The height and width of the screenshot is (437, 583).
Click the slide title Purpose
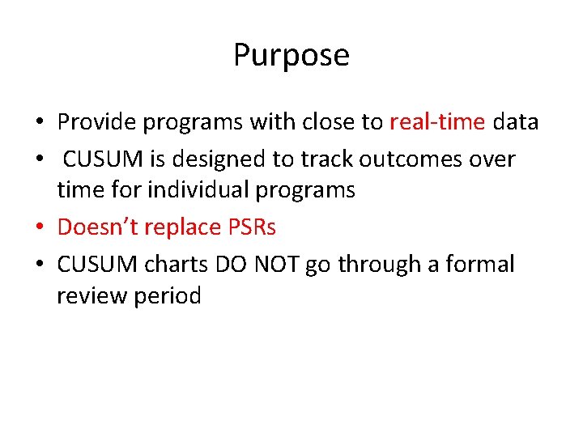pos(291,56)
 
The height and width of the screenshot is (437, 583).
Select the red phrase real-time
pos(437,122)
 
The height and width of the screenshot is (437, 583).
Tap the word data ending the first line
pos(515,122)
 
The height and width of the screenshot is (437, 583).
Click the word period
pos(169,297)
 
